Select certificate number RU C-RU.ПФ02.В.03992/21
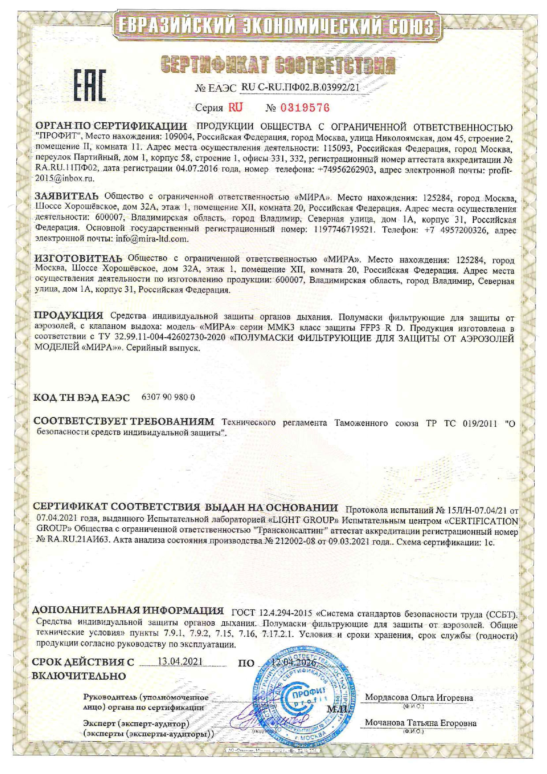300,87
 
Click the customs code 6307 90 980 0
168,397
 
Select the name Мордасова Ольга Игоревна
419,698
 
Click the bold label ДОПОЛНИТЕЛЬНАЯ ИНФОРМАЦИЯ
128,611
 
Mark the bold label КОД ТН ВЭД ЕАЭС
82,398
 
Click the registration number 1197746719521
345,229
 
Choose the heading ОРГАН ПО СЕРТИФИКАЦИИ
110,128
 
